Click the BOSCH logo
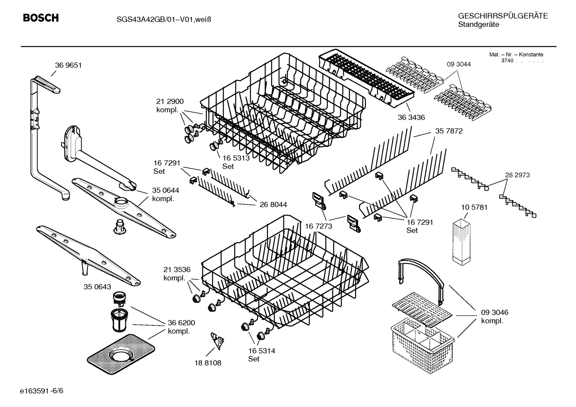pyautogui.click(x=41, y=18)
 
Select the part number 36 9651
pyautogui.click(x=68, y=65)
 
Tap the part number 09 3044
pyautogui.click(x=458, y=64)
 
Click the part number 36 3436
pyautogui.click(x=411, y=117)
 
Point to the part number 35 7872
pyautogui.click(x=449, y=131)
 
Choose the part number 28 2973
pyautogui.click(x=517, y=175)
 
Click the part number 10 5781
pyautogui.click(x=474, y=207)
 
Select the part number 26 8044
pyautogui.click(x=273, y=205)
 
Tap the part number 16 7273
pyautogui.click(x=318, y=226)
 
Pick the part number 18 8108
pyautogui.click(x=208, y=363)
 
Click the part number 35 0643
pyautogui.click(x=97, y=287)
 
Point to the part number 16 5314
pyautogui.click(x=261, y=351)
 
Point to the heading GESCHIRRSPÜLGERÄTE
pyautogui.click(x=503, y=16)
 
